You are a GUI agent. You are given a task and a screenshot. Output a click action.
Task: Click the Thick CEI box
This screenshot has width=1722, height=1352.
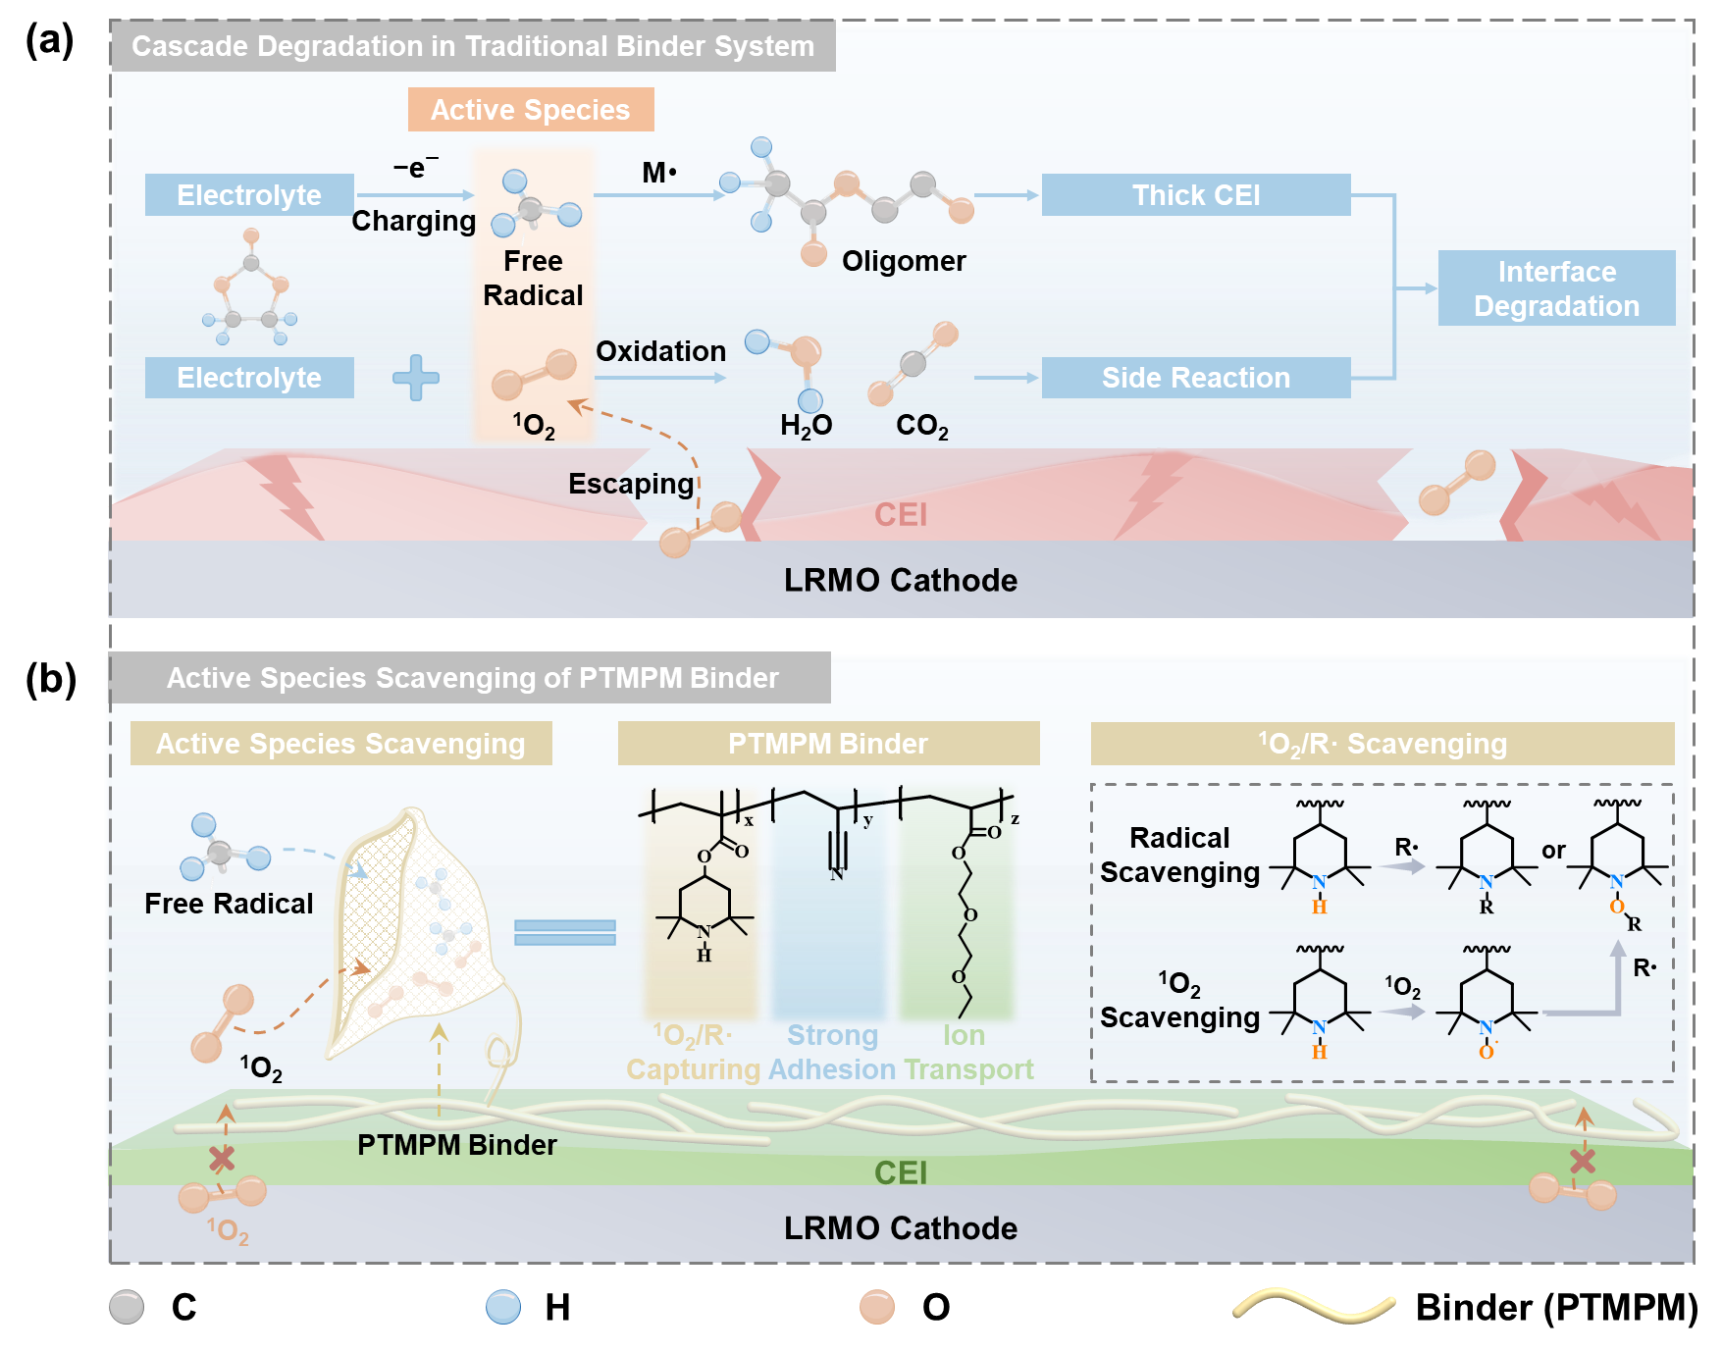(1195, 195)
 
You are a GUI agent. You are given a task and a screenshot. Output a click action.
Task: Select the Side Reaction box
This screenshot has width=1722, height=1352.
(1195, 378)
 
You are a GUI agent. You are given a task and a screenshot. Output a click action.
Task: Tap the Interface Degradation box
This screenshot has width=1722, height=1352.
(1556, 288)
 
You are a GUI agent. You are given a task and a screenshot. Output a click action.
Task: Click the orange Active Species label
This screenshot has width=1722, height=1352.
(531, 110)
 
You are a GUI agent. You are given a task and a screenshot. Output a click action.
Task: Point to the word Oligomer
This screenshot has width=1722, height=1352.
(904, 261)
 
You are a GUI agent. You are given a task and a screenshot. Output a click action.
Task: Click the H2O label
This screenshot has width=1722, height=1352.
(806, 426)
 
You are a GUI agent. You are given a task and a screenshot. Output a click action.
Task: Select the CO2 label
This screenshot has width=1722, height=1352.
(921, 426)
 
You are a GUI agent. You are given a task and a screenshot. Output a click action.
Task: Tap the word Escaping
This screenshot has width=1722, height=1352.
(631, 484)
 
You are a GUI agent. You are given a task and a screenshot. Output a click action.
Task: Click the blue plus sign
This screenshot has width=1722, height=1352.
(416, 378)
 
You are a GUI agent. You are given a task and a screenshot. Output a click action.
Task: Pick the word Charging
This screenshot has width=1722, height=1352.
(413, 221)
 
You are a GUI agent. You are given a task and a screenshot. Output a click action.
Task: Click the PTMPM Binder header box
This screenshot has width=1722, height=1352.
(828, 744)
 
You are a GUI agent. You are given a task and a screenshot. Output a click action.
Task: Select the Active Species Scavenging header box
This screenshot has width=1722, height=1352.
(340, 744)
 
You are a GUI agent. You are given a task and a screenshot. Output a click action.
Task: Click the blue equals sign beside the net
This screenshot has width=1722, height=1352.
(565, 932)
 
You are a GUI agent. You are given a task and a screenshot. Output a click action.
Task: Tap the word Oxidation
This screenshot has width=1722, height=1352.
(660, 351)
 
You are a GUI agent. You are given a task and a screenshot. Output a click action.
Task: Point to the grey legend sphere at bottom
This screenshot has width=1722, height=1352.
(127, 1307)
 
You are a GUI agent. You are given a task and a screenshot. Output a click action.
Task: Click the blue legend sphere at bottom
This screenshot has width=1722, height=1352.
(503, 1307)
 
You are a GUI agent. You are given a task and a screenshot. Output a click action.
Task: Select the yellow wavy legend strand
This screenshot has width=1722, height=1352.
(1314, 1306)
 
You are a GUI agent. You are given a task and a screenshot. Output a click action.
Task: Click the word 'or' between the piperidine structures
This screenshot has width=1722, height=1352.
(1553, 851)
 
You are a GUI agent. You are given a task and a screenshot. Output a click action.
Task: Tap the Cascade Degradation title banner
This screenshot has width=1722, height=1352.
(472, 46)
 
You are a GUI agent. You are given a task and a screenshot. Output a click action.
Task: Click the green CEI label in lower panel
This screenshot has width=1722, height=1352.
(901, 1172)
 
